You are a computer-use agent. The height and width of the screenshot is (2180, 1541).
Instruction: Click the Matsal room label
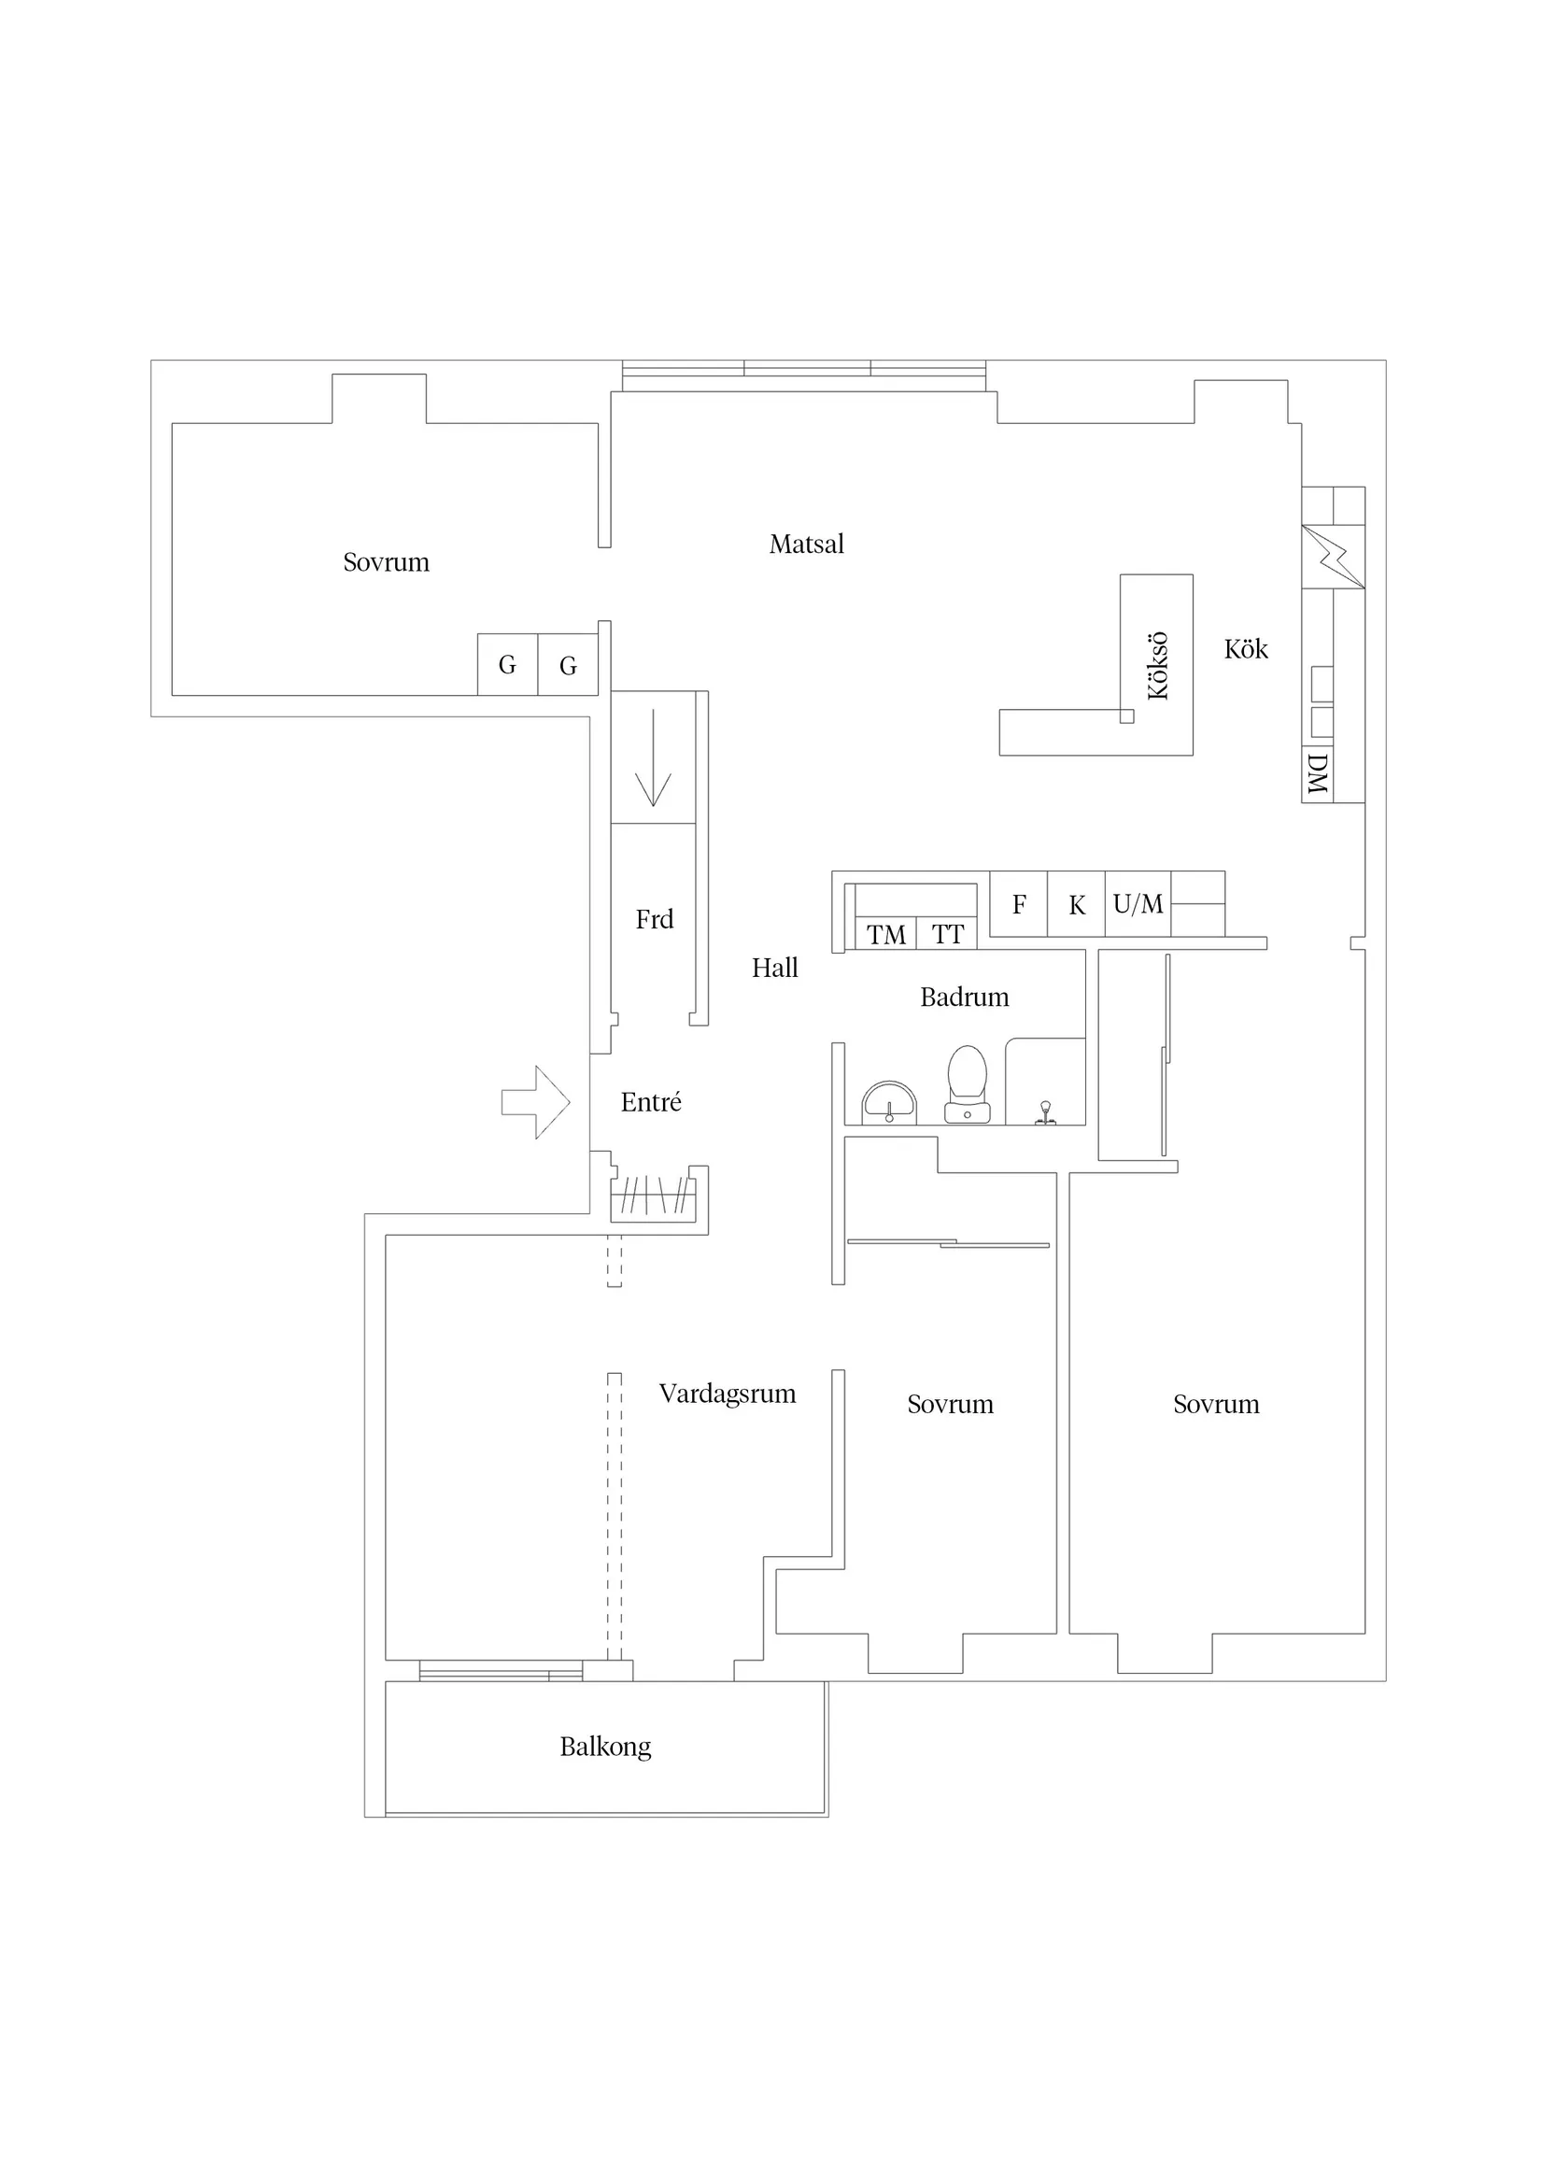tap(806, 544)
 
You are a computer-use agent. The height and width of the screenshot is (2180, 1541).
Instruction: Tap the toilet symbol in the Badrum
tap(967, 1084)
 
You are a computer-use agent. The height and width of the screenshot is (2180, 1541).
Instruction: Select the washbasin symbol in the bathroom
tap(889, 1103)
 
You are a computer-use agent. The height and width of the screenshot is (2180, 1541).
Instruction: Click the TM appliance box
tap(886, 934)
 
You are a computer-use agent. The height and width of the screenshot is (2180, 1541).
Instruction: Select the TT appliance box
tap(948, 934)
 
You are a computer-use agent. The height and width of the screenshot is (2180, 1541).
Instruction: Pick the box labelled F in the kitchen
tap(1019, 905)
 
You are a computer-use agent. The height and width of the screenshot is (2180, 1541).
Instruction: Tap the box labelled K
tap(1077, 905)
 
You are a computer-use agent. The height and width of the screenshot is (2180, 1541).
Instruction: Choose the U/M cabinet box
tap(1138, 904)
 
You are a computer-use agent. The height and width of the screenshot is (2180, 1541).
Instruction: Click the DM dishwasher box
tap(1317, 773)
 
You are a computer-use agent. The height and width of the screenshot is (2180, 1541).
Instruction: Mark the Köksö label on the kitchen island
tap(1157, 666)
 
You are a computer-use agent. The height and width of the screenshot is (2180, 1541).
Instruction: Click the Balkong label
tap(605, 1747)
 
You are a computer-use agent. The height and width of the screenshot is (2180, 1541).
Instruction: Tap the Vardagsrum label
tap(728, 1394)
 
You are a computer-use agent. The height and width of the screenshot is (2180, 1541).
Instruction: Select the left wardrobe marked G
tap(507, 665)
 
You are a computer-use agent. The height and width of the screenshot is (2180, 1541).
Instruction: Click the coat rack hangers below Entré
tap(653, 1196)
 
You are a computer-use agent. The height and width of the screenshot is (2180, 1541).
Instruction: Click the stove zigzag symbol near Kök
tap(1332, 557)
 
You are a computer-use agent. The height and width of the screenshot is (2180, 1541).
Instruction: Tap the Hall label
tap(775, 968)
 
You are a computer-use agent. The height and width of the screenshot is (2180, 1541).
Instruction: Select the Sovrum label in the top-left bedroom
tap(386, 562)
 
